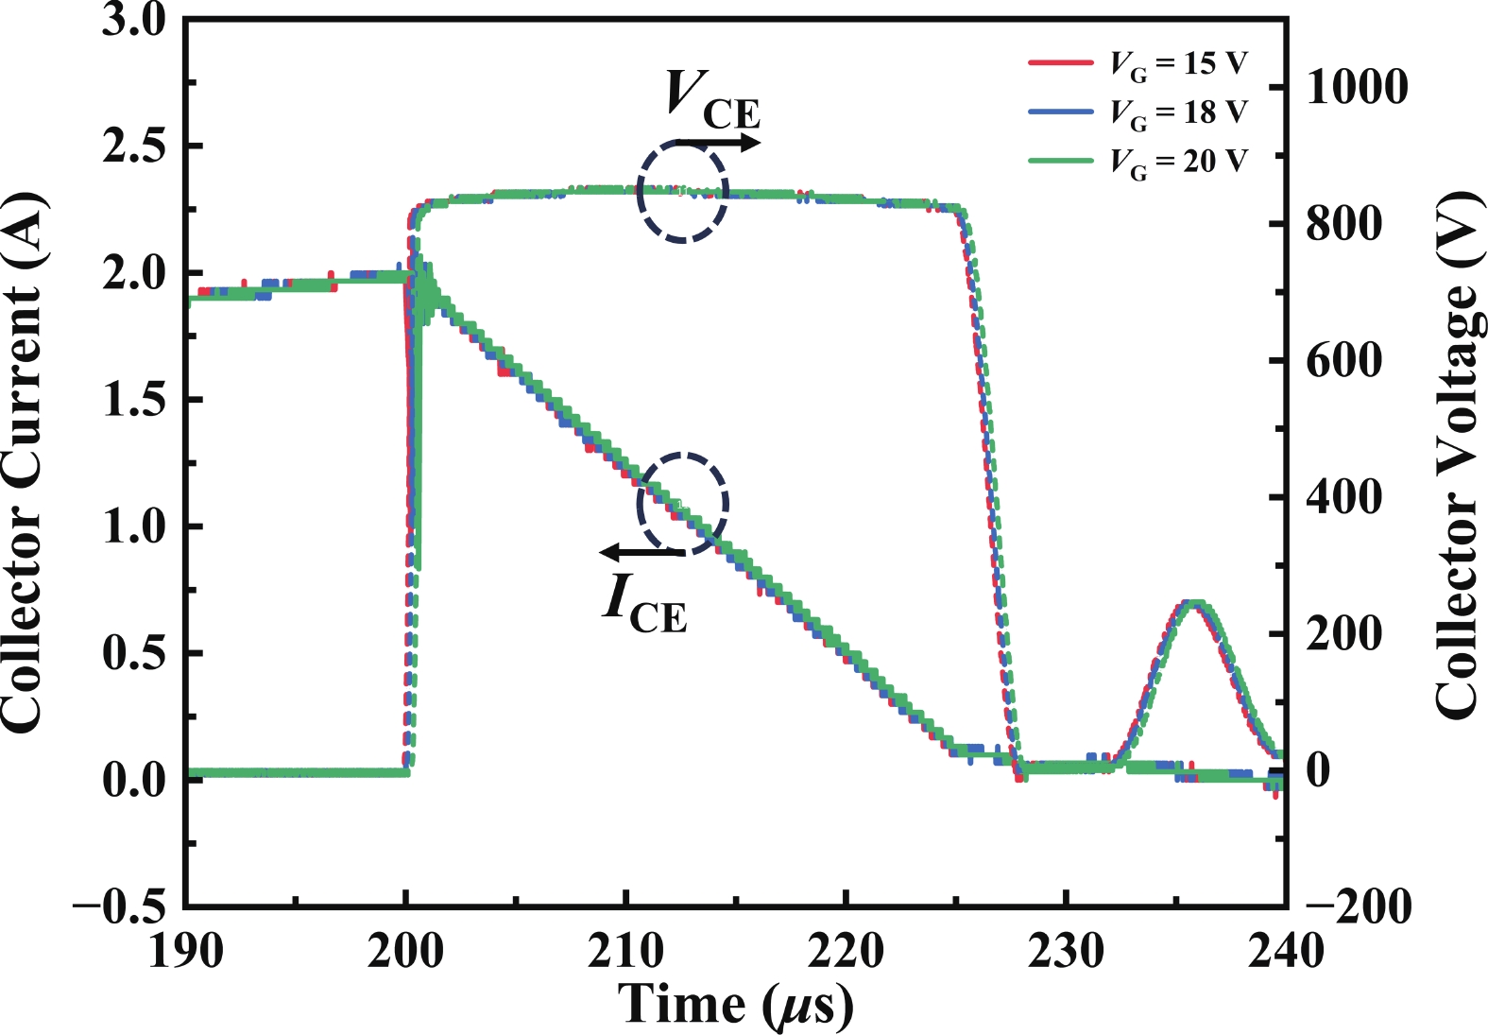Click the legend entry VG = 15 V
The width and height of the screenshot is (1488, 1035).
pos(1178,63)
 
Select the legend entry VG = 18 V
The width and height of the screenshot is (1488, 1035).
pos(1178,112)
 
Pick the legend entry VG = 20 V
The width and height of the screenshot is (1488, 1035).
pos(1178,162)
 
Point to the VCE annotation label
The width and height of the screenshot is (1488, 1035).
pos(711,99)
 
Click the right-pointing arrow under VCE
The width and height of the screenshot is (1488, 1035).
pos(718,143)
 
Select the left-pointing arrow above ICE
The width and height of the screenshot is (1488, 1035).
pos(642,552)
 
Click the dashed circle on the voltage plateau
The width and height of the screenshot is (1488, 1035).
pos(682,191)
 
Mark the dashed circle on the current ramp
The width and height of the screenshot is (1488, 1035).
pos(682,504)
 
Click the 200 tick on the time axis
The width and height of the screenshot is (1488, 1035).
pos(405,950)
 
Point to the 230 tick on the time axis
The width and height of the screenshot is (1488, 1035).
pos(1066,950)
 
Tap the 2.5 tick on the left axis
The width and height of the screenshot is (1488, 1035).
pos(134,147)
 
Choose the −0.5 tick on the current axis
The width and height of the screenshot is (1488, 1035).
pos(120,906)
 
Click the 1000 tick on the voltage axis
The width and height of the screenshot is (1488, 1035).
pos(1357,87)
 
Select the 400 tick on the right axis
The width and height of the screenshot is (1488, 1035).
pos(1343,497)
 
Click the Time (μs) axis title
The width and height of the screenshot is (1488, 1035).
pos(736,1005)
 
